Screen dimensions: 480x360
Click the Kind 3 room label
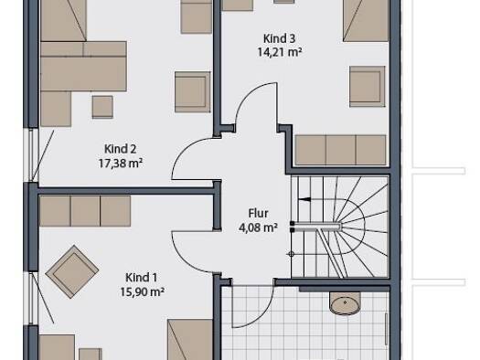click(x=280, y=39)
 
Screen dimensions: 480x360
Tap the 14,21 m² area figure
click(x=280, y=52)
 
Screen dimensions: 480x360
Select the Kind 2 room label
click(x=121, y=149)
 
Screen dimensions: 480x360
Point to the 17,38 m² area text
click(x=121, y=163)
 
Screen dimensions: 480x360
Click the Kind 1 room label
click(x=142, y=278)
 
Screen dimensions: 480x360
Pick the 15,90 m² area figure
click(x=142, y=291)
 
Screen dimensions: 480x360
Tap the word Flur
click(x=259, y=214)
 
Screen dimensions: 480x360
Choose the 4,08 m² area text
click(x=259, y=228)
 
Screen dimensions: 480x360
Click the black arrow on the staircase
click(x=304, y=199)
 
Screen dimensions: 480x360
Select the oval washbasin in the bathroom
click(x=345, y=303)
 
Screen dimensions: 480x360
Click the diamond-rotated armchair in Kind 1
click(x=72, y=271)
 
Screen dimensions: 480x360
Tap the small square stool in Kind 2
click(x=102, y=107)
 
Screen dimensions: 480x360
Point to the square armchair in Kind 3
click(x=368, y=86)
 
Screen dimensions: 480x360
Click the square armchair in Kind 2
click(x=193, y=91)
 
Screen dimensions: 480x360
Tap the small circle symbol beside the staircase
click(x=291, y=254)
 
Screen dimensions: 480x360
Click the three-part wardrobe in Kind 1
click(x=85, y=211)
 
